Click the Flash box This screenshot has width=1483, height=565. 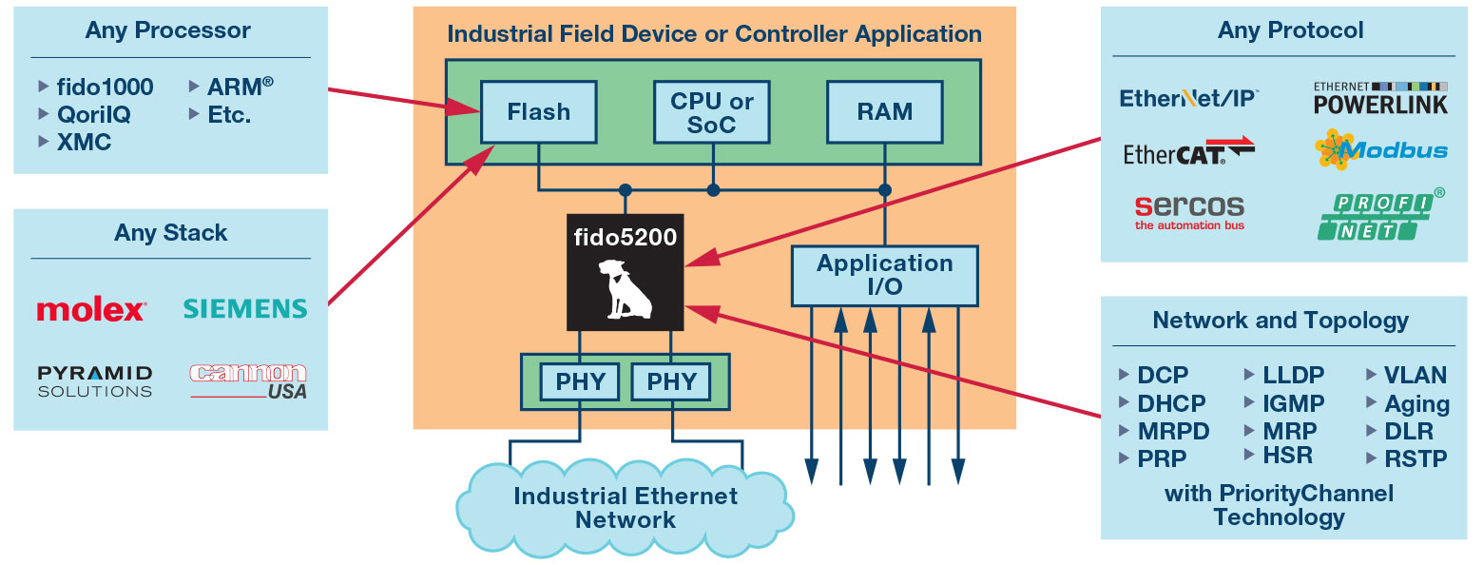pos(539,111)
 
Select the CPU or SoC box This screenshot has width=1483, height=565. pos(712,111)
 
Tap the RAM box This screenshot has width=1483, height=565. pos(885,111)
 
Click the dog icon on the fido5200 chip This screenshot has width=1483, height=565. pos(624,288)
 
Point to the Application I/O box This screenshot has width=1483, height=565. pos(885,276)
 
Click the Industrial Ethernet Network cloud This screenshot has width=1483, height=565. pos(625,508)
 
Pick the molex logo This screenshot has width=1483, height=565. pos(91,310)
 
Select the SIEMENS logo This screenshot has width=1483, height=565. pos(245,308)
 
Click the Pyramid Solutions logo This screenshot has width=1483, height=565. pos(94,380)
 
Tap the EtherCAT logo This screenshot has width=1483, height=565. pos(1189,152)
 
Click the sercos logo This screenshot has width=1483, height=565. pos(1189,211)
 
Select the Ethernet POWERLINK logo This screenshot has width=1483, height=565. pos(1380,98)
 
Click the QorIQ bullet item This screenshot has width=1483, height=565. pos(93,114)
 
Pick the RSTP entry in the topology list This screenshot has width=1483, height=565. pos(1416,459)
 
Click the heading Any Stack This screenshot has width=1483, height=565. pos(171,233)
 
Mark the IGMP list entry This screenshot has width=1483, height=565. pos(1293,403)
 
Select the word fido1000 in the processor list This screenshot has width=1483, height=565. pos(105,87)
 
